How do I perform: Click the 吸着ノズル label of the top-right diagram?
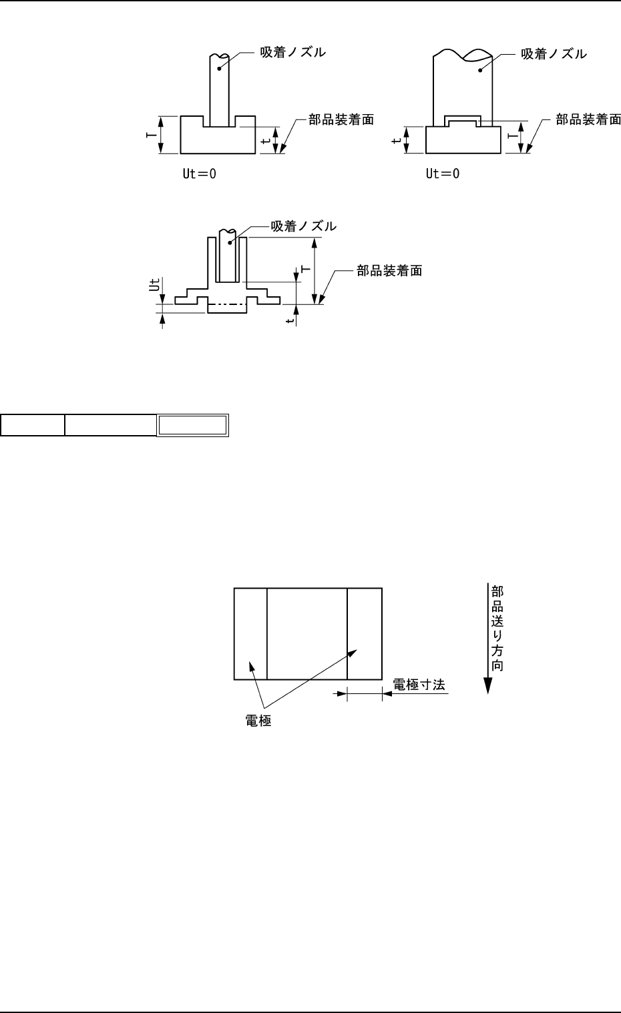click(554, 54)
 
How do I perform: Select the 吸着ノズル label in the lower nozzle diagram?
click(303, 227)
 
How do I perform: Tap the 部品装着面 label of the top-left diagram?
click(341, 120)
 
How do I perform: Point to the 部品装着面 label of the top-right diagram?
click(588, 120)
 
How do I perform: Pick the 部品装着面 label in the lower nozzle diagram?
click(389, 271)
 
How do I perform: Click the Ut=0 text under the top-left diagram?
click(200, 174)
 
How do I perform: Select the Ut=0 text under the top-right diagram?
click(443, 174)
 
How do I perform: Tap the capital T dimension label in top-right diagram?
click(512, 135)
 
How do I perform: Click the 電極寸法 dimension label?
click(419, 685)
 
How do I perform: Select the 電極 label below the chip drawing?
click(259, 721)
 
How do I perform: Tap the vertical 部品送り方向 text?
click(497, 628)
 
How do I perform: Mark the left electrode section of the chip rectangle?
click(250, 634)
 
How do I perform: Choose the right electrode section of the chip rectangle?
click(365, 634)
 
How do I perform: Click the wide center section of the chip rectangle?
click(307, 634)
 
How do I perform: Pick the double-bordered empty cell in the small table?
click(192, 425)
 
